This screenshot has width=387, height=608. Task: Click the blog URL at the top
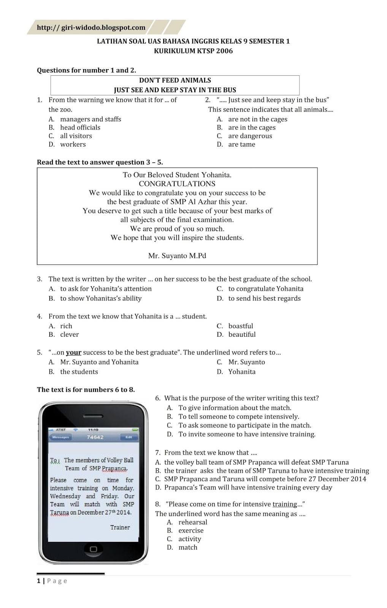click(x=91, y=27)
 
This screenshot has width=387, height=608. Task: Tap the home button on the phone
click(x=93, y=549)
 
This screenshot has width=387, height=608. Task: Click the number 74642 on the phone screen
click(x=95, y=437)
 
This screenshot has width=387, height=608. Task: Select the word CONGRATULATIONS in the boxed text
click(x=177, y=184)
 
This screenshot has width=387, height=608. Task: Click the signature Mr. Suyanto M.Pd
click(x=177, y=256)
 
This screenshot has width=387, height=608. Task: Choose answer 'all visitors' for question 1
click(x=76, y=136)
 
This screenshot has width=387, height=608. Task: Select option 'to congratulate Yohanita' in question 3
click(x=266, y=289)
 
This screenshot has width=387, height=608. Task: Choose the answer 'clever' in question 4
click(x=70, y=334)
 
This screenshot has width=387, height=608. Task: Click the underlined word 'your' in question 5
click(x=73, y=352)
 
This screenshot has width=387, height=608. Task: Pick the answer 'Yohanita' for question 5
click(x=242, y=372)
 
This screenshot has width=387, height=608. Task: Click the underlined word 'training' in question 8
click(x=285, y=504)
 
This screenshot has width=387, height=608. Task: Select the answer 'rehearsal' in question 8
click(x=193, y=522)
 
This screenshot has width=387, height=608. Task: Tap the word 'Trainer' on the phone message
click(x=120, y=527)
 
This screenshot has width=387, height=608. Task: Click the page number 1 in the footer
click(x=38, y=581)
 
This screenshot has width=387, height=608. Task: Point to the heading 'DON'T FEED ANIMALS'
click(x=175, y=80)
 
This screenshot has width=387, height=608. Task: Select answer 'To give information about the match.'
click(x=235, y=408)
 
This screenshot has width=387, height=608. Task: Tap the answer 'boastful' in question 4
click(x=240, y=326)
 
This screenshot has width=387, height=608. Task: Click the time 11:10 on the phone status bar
click(x=93, y=430)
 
